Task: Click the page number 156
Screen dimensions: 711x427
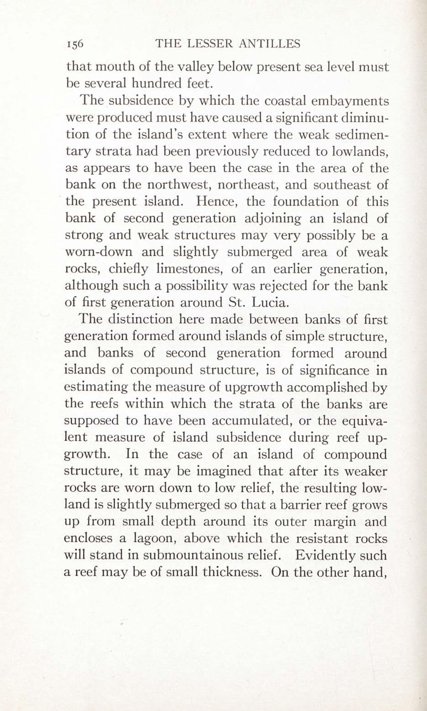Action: tap(75, 44)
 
